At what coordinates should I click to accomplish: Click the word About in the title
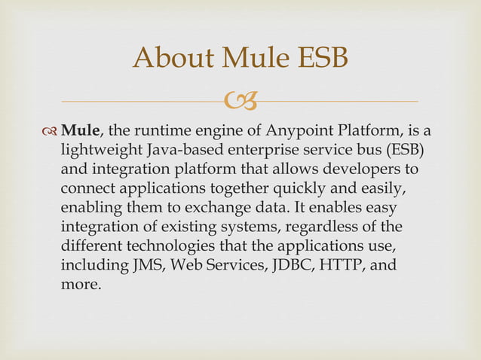pyautogui.click(x=169, y=58)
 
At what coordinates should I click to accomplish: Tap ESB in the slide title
pyautogui.click(x=318, y=58)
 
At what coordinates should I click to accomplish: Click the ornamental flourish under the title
pyautogui.click(x=240, y=99)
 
